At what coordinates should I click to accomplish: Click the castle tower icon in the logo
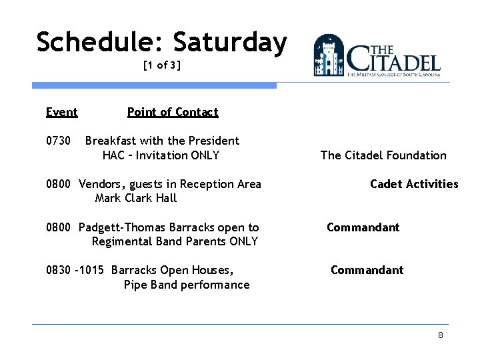tap(329, 55)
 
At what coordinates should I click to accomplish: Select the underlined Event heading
tap(61, 112)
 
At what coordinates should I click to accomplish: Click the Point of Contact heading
tap(173, 112)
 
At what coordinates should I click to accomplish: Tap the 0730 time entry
tap(57, 141)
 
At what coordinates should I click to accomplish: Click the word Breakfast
tap(111, 141)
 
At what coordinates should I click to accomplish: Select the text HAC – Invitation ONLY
tap(161, 155)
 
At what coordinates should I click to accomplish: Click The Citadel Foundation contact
tap(383, 155)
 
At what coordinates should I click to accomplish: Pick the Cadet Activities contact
tap(414, 184)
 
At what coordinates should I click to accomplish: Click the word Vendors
tap(101, 184)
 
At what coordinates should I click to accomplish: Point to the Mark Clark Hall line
tap(136, 198)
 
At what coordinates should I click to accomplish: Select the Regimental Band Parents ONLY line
tap(175, 241)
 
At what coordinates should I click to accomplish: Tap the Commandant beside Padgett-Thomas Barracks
tap(363, 227)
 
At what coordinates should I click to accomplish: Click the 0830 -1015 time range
tap(75, 270)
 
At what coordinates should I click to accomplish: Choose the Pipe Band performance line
tap(187, 285)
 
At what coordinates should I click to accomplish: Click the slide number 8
tap(440, 335)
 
